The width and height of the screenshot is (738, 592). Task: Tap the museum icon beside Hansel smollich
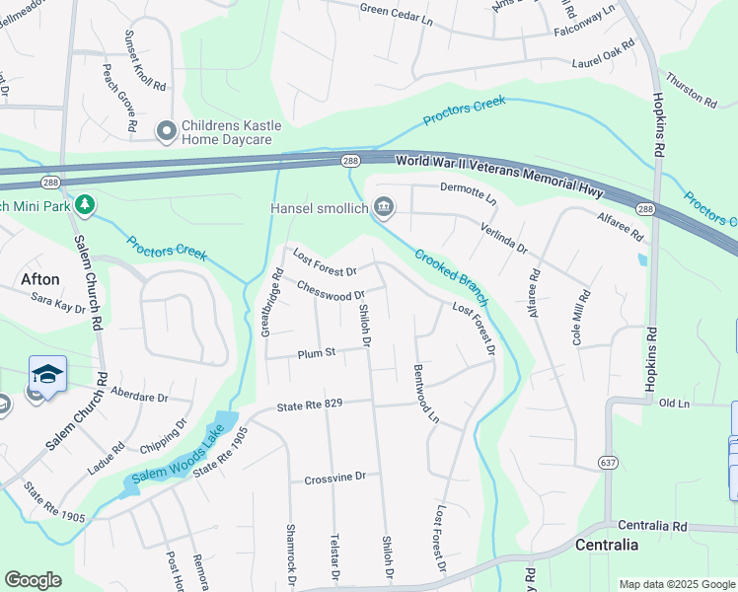[385, 207]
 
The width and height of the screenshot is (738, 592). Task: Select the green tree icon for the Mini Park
[86, 204]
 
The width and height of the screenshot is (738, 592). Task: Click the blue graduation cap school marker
[47, 375]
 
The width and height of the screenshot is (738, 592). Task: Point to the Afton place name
[40, 279]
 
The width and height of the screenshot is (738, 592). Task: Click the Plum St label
[318, 351]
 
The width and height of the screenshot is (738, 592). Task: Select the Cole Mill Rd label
[580, 316]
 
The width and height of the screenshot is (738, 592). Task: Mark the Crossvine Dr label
[335, 477]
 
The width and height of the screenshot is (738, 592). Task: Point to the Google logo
[34, 579]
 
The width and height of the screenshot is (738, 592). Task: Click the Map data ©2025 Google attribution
[676, 584]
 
